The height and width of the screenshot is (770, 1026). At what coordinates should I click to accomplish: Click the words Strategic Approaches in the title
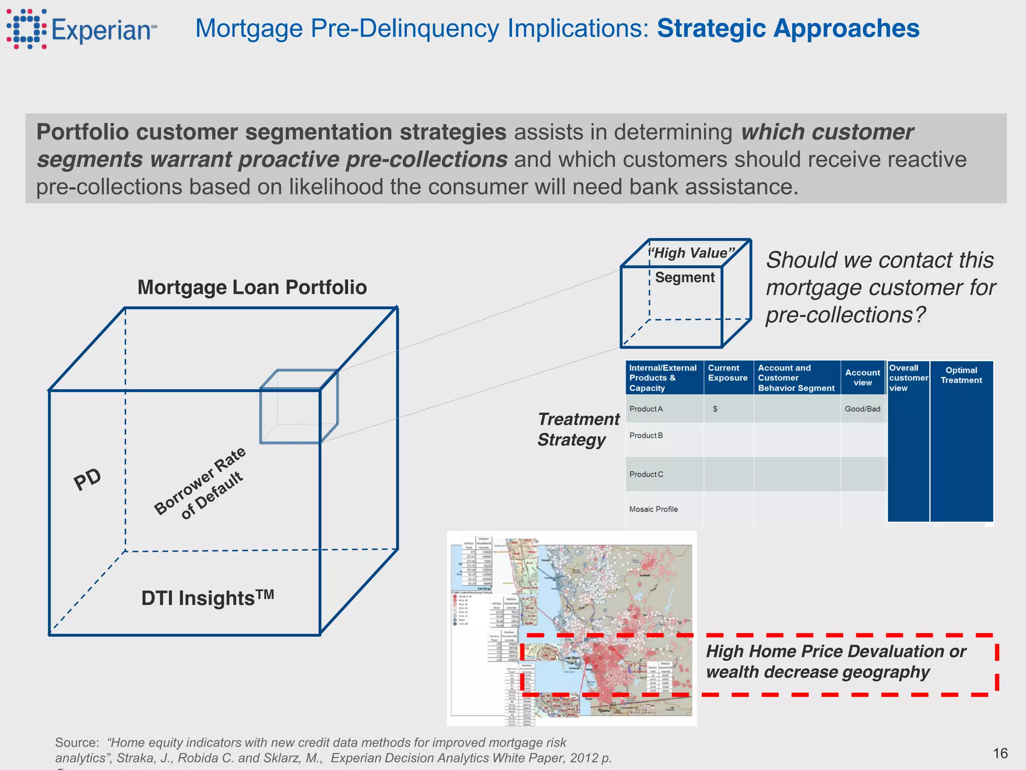[x=788, y=29]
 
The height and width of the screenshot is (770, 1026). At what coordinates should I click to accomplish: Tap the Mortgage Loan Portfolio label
[x=252, y=287]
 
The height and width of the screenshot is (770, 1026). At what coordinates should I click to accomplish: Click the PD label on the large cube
[x=87, y=479]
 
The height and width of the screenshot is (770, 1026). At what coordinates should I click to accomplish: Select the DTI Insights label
[x=207, y=598]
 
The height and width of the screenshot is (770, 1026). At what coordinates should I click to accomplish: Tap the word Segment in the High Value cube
[x=685, y=277]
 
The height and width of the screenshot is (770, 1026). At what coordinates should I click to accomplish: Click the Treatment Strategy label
[x=578, y=429]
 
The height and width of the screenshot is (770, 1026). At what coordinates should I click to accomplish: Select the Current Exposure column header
[x=727, y=373]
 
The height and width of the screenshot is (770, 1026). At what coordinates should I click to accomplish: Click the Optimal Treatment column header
[x=961, y=375]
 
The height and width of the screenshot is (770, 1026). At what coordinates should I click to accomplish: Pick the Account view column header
[x=862, y=377]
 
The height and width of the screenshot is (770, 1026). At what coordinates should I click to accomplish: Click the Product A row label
[x=646, y=409]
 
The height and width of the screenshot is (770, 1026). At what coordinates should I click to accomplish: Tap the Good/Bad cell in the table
[x=862, y=409]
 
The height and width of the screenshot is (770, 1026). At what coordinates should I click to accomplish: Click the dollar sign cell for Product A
[x=715, y=409]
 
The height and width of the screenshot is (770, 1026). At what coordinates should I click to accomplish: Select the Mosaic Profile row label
[x=653, y=509]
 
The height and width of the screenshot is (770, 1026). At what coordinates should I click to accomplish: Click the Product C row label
[x=646, y=474]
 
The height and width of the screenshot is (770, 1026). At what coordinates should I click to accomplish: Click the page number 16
[x=1000, y=753]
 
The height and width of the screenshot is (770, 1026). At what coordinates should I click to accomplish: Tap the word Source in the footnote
[x=77, y=742]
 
